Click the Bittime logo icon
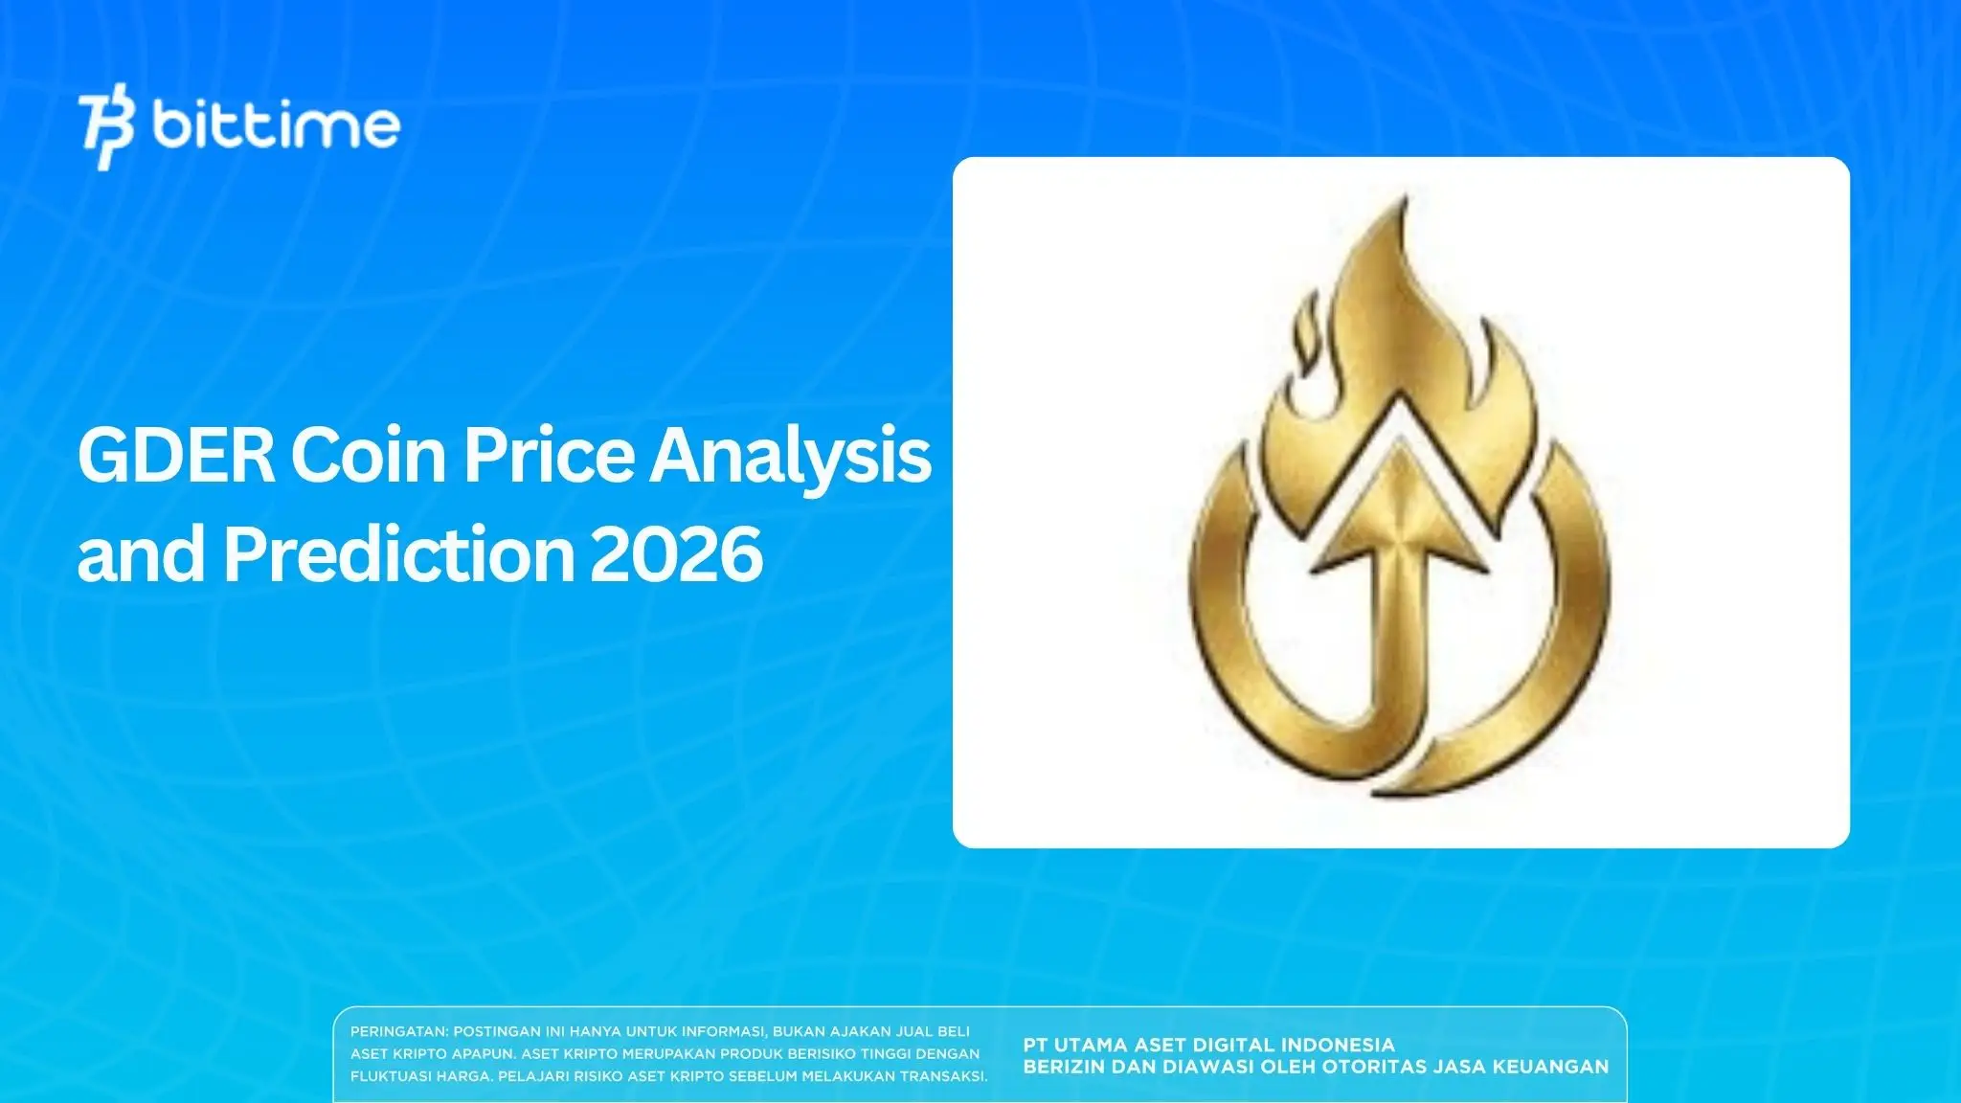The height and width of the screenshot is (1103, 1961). tap(106, 129)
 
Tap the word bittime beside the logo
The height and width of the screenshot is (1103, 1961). tap(276, 125)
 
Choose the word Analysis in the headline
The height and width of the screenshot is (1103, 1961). tap(790, 457)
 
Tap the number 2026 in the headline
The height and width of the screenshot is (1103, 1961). tap(676, 554)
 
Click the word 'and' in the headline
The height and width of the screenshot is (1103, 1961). tap(141, 554)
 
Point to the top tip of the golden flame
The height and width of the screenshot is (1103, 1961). tap(1405, 203)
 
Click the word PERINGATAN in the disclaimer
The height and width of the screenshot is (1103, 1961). tap(398, 1032)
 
